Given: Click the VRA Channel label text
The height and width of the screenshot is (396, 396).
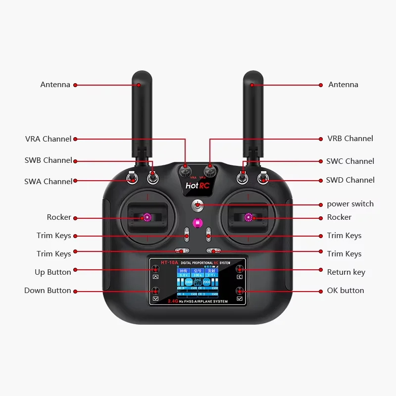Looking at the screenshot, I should coord(48,139).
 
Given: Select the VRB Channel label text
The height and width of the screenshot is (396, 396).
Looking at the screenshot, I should coord(350,139).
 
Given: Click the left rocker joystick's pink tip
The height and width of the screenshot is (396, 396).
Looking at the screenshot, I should coord(147,217).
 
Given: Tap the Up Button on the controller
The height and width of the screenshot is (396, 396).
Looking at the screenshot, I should coord(155,269).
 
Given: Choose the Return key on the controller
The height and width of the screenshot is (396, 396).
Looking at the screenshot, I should coord(240,269).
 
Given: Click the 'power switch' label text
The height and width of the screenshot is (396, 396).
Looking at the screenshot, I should coord(350,204).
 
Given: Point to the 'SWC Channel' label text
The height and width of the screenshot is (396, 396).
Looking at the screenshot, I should coord(350,161).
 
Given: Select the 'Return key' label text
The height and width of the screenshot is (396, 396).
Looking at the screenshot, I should coord(346,272).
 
